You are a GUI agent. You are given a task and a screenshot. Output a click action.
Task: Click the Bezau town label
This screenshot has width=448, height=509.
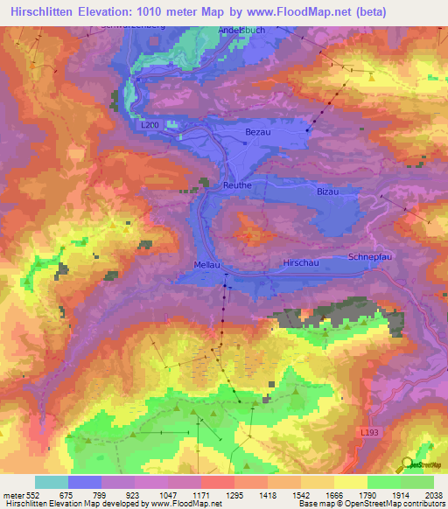point(260,130)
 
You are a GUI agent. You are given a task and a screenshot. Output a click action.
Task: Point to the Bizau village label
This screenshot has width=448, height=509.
point(327,191)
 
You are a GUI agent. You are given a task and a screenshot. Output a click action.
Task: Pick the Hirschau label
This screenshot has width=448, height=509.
point(299,262)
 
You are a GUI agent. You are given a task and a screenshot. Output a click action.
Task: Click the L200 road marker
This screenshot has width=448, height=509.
point(151,126)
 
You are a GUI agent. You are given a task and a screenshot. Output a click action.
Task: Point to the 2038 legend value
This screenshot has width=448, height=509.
point(434,495)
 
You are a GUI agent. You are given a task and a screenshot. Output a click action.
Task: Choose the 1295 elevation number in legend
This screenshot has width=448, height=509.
point(234,495)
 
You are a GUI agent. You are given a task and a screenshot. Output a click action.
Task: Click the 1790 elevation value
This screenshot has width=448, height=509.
point(367,495)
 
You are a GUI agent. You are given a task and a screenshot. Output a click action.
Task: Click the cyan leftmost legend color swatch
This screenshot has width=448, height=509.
point(52,482)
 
